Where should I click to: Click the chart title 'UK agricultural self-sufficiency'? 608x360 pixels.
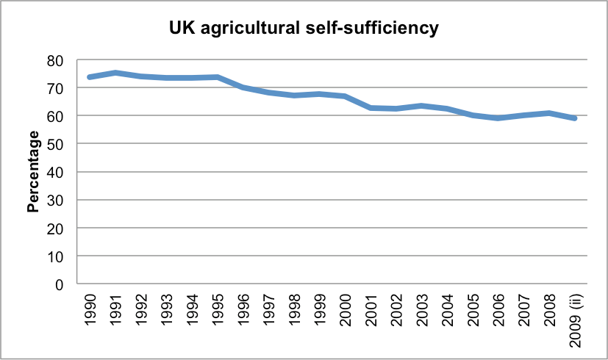click(303, 29)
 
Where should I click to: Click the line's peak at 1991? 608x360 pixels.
click(116, 73)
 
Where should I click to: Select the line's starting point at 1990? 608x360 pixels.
click(90, 76)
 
